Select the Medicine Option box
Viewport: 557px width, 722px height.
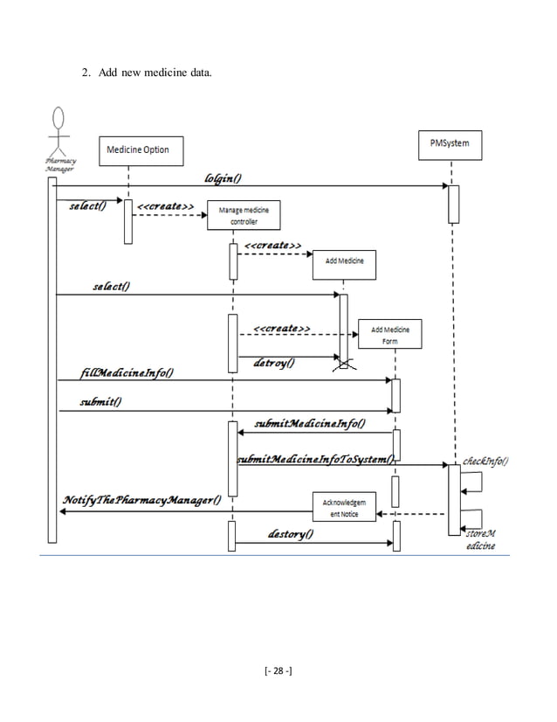137,149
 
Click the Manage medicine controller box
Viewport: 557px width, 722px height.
237,215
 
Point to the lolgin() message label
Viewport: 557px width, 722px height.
223,178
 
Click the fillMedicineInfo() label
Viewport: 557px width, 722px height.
125,374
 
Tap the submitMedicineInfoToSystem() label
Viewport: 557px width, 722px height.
315,459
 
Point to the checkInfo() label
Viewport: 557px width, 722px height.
485,461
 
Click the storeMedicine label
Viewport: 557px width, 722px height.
479,540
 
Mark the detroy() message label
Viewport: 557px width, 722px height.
274,362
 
